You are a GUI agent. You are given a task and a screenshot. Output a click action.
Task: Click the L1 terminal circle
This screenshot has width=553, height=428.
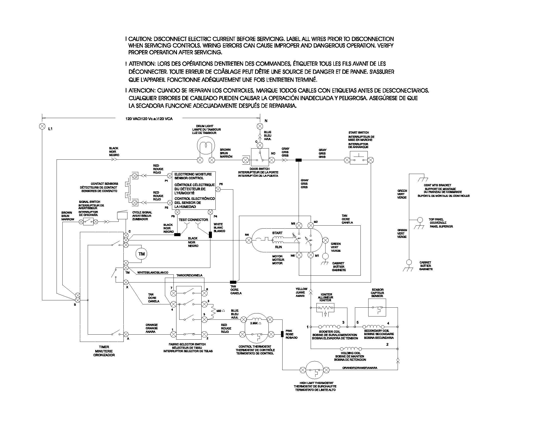pos(42,126)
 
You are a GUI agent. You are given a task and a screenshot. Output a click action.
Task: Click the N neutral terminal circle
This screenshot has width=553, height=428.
pos(260,126)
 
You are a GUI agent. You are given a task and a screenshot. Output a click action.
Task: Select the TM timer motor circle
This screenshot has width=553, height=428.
pos(141,254)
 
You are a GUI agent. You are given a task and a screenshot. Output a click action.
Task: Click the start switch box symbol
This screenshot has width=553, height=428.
pos(358,158)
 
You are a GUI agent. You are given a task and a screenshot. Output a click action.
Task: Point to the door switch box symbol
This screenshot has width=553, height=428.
pos(260,158)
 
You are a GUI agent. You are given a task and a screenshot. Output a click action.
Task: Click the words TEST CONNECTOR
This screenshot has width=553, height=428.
pos(193,220)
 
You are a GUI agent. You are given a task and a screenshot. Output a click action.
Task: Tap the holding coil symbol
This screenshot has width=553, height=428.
pos(351,349)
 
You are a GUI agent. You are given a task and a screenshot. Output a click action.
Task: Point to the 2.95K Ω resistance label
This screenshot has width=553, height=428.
pos(255,323)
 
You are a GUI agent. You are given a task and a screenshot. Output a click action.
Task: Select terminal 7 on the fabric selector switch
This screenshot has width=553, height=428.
pos(173,293)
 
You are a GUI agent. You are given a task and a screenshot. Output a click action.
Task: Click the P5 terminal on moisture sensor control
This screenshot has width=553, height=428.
pos(218,189)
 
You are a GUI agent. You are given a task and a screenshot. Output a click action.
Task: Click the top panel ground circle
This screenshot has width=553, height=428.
pos(420,220)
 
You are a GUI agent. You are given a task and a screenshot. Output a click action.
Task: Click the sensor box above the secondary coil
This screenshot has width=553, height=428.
pos(377,307)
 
